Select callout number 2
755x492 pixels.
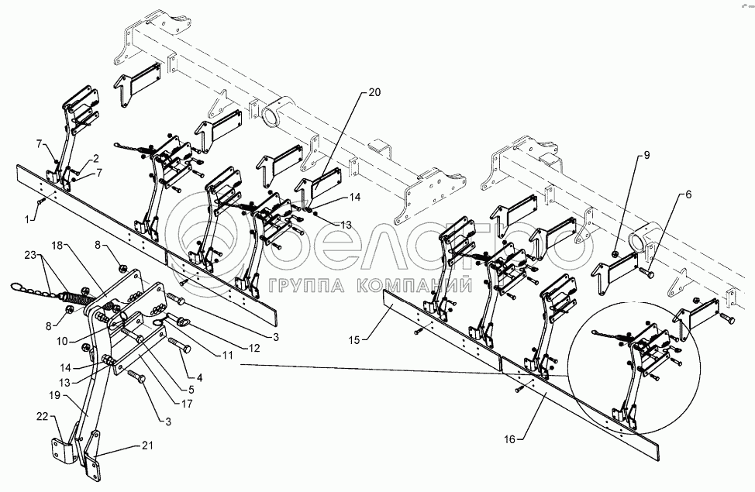point(95,157)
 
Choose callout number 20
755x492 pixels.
point(374,91)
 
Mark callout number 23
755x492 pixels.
point(29,255)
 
